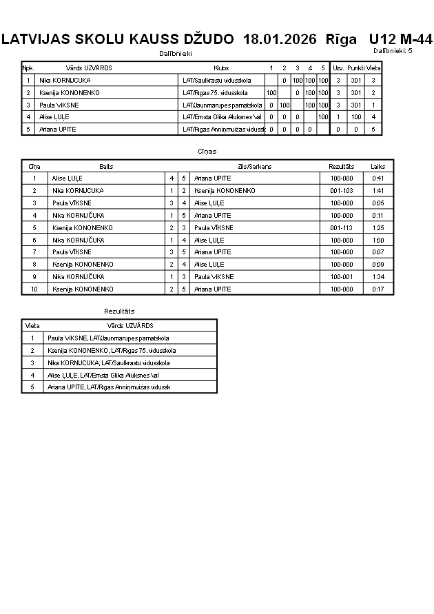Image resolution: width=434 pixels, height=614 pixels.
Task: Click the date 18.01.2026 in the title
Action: point(280,40)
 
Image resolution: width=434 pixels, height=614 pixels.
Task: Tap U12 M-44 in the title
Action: point(400,39)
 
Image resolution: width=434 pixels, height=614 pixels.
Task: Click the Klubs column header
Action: point(221,68)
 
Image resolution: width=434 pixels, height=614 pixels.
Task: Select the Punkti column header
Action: point(355,68)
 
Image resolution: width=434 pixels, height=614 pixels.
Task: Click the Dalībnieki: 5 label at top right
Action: point(393,51)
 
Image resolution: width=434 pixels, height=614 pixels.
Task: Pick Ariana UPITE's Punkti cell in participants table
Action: point(355,130)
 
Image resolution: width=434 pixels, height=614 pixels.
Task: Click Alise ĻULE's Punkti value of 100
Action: point(355,117)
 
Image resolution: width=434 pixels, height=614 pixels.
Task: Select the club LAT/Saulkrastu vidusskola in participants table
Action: point(216,80)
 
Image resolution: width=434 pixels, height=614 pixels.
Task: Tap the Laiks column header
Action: point(378,166)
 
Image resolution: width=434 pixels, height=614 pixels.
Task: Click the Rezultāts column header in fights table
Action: point(342,166)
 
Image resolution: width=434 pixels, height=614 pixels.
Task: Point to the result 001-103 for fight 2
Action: point(342,190)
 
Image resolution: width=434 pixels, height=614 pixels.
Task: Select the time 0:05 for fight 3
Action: point(378,203)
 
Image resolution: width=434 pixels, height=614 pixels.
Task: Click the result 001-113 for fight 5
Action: point(342,227)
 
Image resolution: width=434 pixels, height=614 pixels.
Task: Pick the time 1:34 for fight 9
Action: point(378,277)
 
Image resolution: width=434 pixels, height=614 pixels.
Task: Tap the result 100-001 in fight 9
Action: point(342,277)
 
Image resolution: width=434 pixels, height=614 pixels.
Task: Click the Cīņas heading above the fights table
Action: point(207,151)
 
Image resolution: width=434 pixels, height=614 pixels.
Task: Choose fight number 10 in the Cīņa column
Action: point(34,289)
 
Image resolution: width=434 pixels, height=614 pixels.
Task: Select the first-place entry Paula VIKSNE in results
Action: point(108,338)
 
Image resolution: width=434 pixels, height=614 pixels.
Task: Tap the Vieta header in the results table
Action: point(32,325)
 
